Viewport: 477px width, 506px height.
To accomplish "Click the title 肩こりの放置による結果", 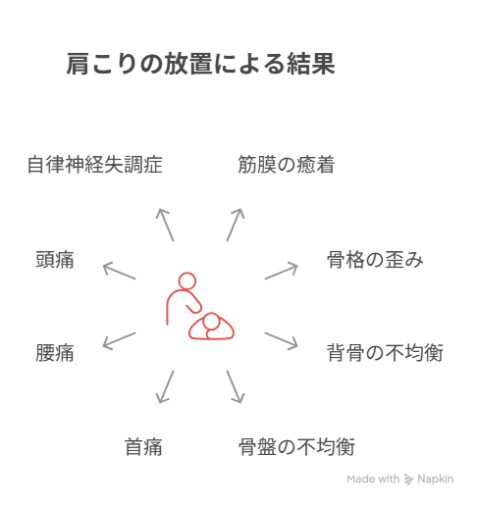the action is click(200, 64).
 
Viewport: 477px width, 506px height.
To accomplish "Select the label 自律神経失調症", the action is click(95, 164).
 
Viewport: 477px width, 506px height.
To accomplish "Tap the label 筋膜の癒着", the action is click(286, 164).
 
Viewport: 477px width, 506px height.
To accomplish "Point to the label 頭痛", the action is click(55, 260).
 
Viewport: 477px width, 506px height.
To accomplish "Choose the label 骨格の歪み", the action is click(375, 260).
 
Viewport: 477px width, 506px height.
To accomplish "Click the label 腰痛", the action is click(55, 353).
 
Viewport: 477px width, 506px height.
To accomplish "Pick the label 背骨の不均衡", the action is click(385, 353).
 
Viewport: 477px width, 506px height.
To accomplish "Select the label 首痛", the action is click(143, 446).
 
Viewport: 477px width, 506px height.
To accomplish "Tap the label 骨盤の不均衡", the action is click(296, 446).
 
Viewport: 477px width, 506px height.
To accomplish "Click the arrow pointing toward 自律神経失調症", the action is click(165, 225).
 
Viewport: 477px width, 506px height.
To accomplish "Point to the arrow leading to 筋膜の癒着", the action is click(236, 225).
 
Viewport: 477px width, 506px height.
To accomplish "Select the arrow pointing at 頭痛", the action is click(119, 271).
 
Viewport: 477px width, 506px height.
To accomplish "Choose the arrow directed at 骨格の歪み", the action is click(282, 271).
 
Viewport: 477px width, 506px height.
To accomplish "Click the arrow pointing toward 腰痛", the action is click(119, 341).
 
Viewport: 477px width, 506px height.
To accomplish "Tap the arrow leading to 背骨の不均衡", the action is click(282, 341).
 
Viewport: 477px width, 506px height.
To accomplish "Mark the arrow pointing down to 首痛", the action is click(165, 386).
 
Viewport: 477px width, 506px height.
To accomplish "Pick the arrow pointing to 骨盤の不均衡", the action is click(236, 386).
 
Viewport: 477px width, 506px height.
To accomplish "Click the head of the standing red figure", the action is click(187, 281).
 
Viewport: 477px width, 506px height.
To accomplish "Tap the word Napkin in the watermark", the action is click(436, 479).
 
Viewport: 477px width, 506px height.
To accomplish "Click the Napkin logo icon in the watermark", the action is click(408, 480).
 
